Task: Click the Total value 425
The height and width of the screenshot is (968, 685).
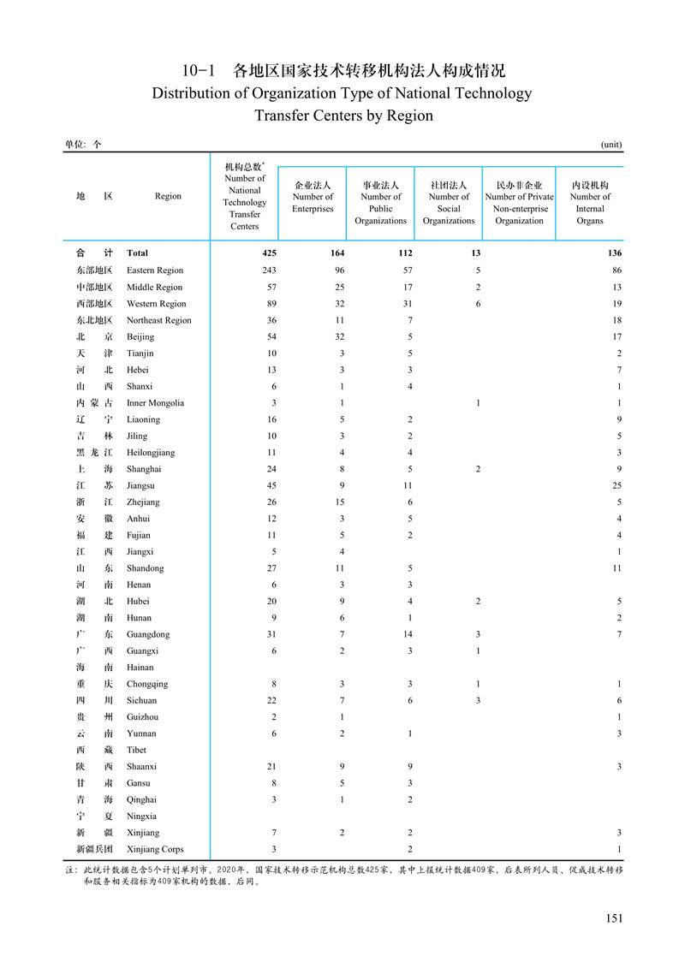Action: pos(269,253)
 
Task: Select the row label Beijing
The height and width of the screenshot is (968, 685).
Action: pos(140,336)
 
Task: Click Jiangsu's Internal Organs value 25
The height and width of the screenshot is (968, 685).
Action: pos(616,485)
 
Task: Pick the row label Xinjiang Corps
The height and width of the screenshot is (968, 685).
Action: pos(155,849)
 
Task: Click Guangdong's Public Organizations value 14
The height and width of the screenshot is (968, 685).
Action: pos(407,634)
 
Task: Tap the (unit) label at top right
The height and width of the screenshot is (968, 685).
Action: pos(611,145)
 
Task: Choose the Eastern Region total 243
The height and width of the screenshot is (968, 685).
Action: pos(269,270)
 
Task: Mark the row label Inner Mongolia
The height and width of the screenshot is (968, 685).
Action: pos(155,402)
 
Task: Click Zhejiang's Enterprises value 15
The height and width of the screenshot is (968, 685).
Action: pos(339,502)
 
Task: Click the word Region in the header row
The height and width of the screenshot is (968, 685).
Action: pos(168,196)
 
